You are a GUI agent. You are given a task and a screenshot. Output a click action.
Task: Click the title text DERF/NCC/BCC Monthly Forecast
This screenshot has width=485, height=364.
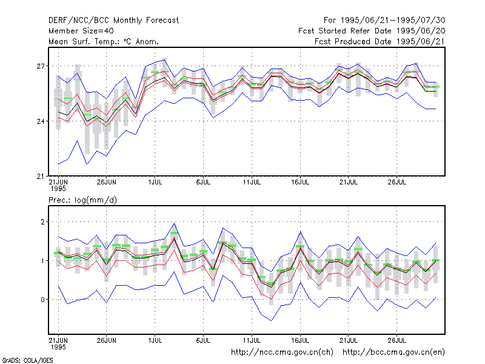113,21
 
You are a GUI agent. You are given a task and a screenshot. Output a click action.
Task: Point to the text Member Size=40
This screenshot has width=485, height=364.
81,31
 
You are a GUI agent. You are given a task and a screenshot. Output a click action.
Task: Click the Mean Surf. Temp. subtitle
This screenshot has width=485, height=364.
104,41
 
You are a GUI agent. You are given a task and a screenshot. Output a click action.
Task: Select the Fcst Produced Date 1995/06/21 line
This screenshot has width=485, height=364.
380,41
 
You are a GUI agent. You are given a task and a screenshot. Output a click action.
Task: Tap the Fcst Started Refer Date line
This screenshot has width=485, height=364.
372,31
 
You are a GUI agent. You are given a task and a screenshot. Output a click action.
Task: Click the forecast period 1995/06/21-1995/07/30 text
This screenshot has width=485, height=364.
384,21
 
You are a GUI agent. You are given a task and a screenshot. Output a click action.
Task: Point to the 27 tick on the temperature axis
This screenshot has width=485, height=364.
41,66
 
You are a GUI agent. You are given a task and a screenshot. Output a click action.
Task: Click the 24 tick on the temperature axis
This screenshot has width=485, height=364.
41,121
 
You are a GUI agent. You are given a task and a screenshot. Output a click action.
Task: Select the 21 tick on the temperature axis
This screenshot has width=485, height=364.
41,177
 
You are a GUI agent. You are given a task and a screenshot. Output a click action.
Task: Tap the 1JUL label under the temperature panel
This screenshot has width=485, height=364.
155,182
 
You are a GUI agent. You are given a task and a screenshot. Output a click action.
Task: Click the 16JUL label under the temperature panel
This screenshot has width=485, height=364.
300,182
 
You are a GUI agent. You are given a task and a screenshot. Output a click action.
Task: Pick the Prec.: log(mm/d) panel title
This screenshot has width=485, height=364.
82,200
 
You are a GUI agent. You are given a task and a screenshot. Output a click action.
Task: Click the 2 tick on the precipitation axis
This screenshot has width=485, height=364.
42,222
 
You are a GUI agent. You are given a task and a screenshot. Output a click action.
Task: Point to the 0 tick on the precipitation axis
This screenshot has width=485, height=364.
42,300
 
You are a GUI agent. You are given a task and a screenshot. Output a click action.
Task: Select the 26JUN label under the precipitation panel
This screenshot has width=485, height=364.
107,340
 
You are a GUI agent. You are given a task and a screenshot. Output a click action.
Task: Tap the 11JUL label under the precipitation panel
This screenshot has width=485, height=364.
252,340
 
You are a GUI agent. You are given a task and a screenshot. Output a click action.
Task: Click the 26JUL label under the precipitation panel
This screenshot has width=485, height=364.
397,340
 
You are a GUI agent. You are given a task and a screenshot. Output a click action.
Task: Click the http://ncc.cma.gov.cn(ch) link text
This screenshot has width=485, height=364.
282,352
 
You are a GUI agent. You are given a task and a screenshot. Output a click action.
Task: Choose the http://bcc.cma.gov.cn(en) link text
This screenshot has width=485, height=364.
393,352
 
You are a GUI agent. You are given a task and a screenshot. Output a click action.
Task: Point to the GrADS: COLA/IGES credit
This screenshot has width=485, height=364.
27,360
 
